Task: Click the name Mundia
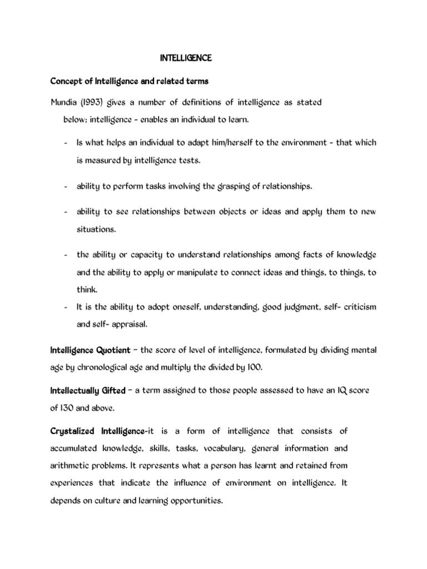click(64, 103)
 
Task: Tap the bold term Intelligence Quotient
click(90, 350)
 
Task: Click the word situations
click(96, 229)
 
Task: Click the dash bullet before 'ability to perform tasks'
click(66, 186)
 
